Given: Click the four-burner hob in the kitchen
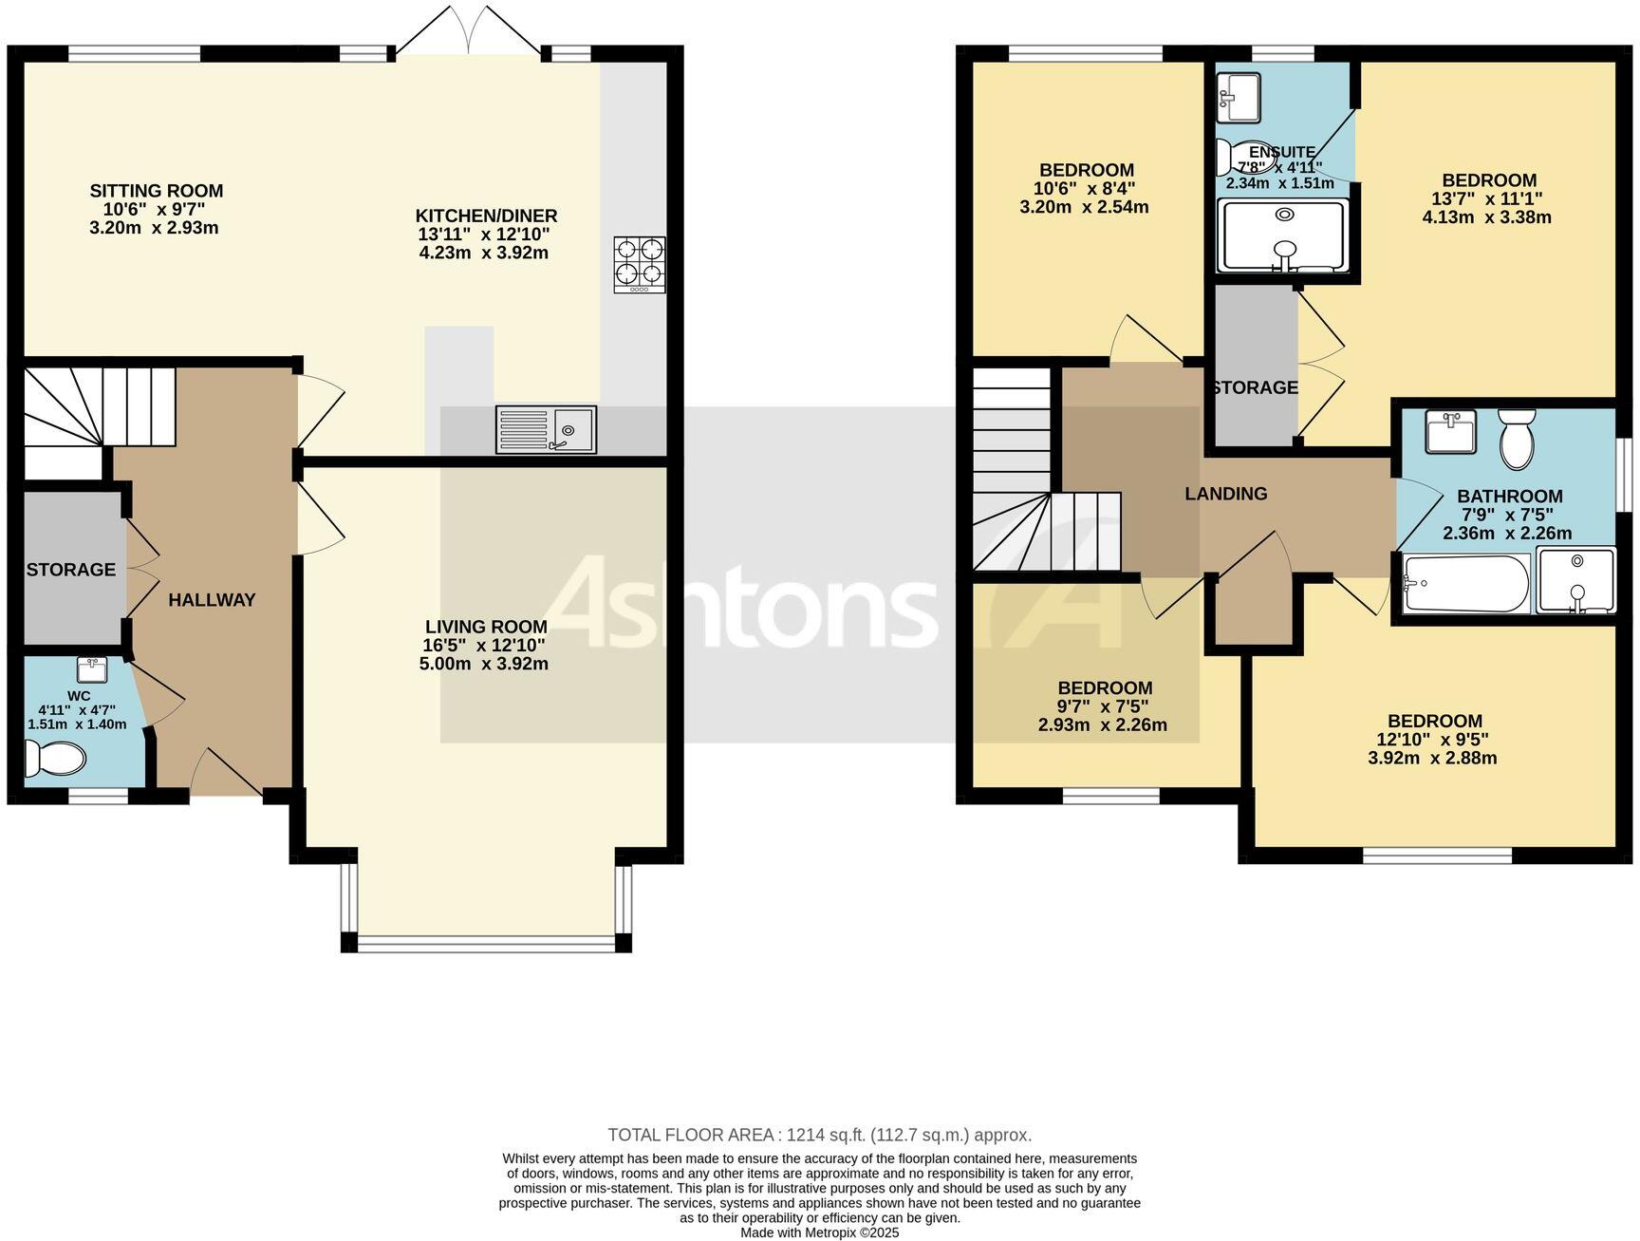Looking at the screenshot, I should pos(639,263).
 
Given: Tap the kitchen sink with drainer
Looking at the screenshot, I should pos(546,429).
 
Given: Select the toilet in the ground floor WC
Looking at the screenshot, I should pos(55,759).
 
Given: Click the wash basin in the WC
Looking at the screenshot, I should pos(92,669).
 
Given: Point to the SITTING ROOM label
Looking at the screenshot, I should pos(157,191).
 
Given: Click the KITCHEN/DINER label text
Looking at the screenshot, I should pos(487,216).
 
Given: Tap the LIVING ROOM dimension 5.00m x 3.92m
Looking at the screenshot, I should pos(484,664).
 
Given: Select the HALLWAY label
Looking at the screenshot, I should pos(212,599).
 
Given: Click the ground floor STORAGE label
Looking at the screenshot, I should pos(71,570).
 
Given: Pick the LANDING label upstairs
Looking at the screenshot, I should pos(1225,494).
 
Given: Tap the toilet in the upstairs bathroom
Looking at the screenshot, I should pos(1516,440).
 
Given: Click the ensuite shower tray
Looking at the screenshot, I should pos(1284,235).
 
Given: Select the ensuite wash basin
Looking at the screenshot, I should pos(1238,97).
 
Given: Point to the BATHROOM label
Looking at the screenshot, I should pos(1509,496).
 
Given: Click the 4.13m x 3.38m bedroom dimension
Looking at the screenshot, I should pos(1486,217).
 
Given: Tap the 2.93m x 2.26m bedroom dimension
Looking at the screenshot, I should pos(1103,725).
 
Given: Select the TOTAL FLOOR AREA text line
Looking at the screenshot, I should pos(819,1135).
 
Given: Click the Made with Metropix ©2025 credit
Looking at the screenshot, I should pos(819,1232).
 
